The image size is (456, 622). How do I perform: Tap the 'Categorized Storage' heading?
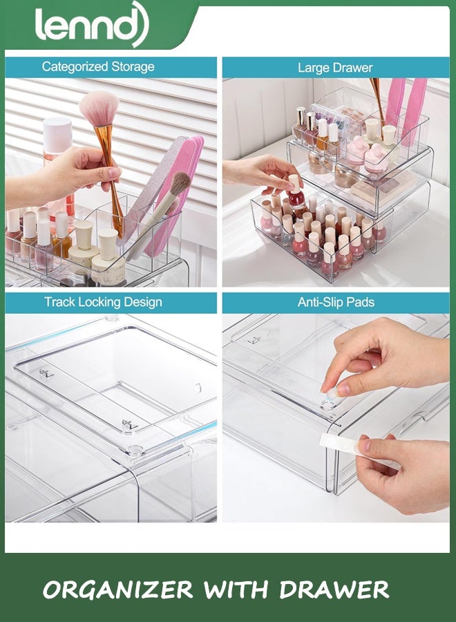click(97, 67)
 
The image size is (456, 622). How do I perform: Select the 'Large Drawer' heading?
click(334, 68)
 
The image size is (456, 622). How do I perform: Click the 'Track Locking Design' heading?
click(103, 302)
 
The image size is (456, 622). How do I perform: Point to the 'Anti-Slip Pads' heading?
click(336, 302)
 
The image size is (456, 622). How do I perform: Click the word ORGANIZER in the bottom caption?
click(117, 590)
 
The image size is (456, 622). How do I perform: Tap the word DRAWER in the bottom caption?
click(334, 590)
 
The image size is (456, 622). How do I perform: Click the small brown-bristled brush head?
click(180, 184)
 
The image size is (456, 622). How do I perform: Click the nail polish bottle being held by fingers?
click(296, 197)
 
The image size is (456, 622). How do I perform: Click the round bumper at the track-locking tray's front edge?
click(134, 450)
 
